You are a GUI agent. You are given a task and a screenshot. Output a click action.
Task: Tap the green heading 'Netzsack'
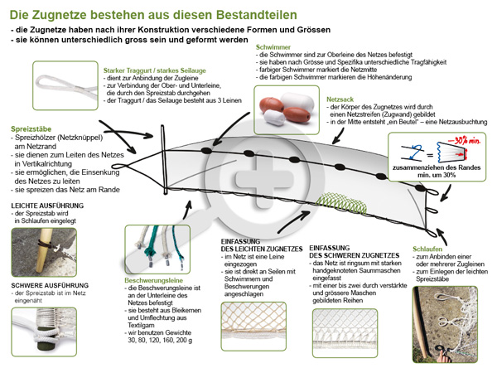340,99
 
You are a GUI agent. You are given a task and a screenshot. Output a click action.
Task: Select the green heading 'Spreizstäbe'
32,129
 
